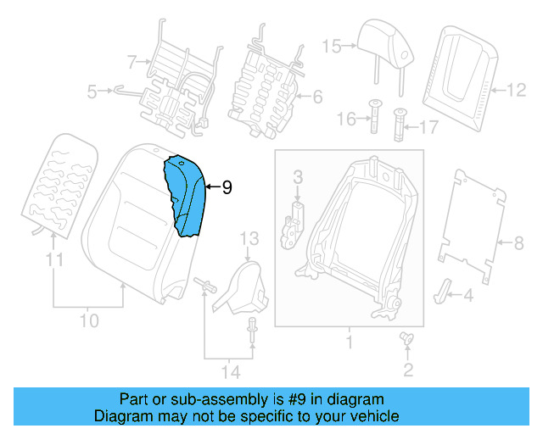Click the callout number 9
tap(227, 188)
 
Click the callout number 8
tap(518, 243)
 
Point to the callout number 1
tap(348, 343)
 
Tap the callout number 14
tap(230, 371)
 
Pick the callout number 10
tap(89, 320)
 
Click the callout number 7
tap(132, 61)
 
